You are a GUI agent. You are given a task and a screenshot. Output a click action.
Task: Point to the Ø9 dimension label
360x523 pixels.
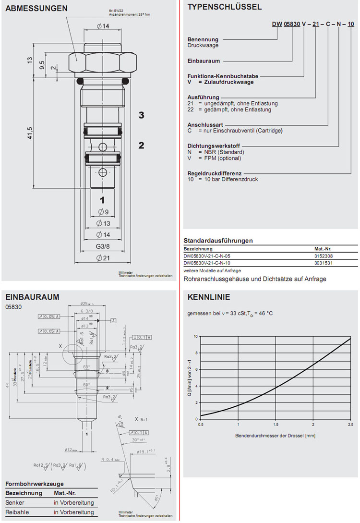[x=105, y=212]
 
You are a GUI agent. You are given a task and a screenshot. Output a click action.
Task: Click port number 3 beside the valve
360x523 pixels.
[x=141, y=115]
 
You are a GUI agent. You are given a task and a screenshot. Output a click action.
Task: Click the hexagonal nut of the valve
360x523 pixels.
[x=102, y=61]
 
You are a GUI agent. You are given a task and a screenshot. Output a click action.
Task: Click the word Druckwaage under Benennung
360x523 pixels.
[x=203, y=46]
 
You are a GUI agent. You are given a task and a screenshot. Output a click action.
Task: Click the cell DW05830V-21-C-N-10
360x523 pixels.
[x=207, y=263]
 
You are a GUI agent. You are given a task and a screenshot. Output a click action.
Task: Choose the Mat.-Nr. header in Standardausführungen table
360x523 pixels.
[x=323, y=249]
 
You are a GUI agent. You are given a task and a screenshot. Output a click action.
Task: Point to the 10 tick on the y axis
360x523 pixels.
[x=196, y=336]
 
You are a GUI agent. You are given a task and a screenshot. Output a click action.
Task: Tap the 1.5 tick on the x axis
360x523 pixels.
[x=276, y=425]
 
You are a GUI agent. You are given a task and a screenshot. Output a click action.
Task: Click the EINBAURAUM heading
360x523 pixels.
[x=32, y=297]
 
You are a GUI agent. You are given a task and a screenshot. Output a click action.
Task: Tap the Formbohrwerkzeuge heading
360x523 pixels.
[x=35, y=484]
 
